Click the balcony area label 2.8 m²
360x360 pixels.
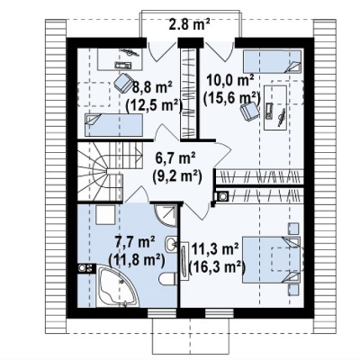tap(189, 24)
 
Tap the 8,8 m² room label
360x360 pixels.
tap(152, 88)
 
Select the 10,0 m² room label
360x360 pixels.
tap(230, 80)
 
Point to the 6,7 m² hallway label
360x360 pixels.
tap(175, 159)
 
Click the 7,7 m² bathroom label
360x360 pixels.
tap(135, 242)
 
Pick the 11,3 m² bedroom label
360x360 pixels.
tap(215, 249)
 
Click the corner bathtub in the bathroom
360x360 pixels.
tap(117, 286)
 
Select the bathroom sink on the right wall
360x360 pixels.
tap(171, 242)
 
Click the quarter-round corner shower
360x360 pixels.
tap(166, 215)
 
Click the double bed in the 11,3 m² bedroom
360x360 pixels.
tap(271, 259)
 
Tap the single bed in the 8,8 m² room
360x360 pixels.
tap(113, 125)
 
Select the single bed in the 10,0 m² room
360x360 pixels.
tap(272, 61)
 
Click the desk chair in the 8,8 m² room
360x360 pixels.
tap(123, 82)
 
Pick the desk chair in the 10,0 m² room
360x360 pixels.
tap(249, 110)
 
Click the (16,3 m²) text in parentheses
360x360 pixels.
tap(216, 267)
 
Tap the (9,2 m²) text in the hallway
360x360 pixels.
tap(176, 177)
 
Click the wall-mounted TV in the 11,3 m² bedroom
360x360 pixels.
tap(184, 261)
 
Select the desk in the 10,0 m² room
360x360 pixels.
tap(275, 108)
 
